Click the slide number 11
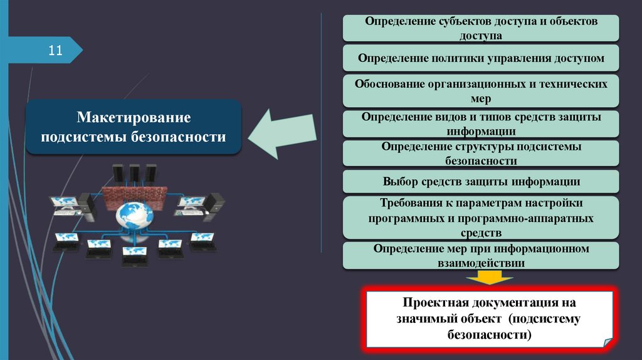tap(55, 50)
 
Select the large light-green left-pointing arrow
tap(282, 134)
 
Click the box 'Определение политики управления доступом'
tap(481, 58)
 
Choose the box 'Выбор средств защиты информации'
tap(481, 182)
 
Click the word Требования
tap(408, 204)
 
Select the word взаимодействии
tap(481, 263)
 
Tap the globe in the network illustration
tap(134, 215)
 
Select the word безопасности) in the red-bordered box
tap(489, 335)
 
